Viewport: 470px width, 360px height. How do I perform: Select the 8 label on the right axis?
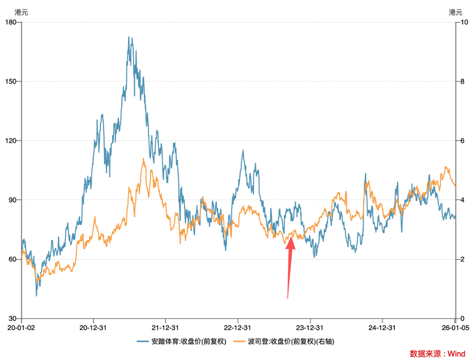463,82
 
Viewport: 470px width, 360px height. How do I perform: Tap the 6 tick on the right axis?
463,140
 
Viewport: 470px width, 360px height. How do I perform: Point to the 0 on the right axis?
463,318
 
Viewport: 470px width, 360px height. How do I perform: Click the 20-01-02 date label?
22,327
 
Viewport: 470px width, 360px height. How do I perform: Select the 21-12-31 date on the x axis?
166,327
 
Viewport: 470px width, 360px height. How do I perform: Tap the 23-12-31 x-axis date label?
310,327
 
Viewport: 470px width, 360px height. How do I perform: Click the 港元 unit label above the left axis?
21,12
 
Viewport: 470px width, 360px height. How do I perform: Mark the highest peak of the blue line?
129,37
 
